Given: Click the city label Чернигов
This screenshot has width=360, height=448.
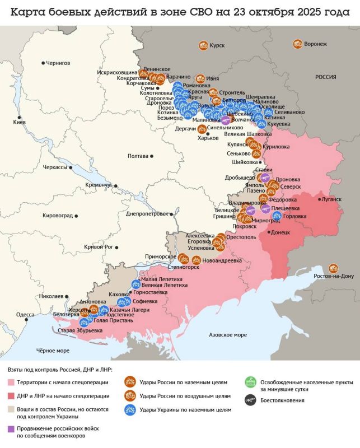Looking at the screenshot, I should pos(58,63).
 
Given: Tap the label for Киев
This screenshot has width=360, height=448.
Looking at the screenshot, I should pos(19,123).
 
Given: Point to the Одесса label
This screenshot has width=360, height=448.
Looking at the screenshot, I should pos(25,315).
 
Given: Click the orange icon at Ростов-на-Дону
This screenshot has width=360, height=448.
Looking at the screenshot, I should pos(334,268).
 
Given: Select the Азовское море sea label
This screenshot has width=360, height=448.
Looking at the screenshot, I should pos(227,334).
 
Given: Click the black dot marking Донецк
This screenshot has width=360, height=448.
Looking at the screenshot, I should pos(269,232).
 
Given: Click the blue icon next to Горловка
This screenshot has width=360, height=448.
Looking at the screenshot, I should pos(277,216).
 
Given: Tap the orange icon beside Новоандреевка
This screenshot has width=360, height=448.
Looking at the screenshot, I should pos(197,260).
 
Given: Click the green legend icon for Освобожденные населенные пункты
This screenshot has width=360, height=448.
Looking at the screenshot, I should pos(249,383).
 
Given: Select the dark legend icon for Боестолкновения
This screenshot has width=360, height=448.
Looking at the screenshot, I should pos(249,400).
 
